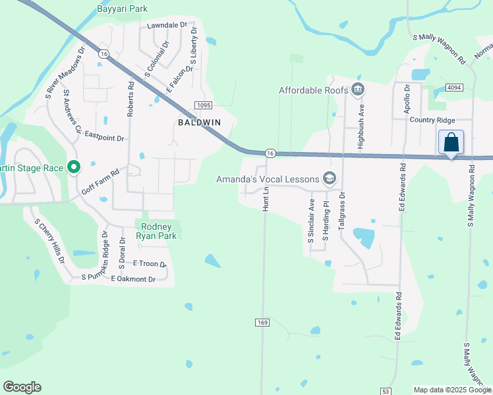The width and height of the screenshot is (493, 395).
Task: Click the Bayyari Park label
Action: [x=122, y=9]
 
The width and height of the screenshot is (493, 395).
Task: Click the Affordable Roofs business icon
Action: [x=359, y=90]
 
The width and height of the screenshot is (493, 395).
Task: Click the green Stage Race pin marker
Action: [x=74, y=168]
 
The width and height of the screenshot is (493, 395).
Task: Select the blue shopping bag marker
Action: [x=451, y=143]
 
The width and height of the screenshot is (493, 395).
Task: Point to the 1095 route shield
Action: [x=202, y=105]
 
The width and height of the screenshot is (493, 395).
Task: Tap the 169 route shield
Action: [x=262, y=323]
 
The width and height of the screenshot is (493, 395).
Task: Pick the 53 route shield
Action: [x=386, y=391]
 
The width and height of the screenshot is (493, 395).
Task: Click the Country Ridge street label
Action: [x=432, y=120]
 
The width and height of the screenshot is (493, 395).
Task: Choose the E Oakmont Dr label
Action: [x=133, y=279]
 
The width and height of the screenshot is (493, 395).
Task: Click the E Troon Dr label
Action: [x=150, y=263]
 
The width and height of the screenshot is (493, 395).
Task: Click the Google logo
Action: [x=22, y=387]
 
